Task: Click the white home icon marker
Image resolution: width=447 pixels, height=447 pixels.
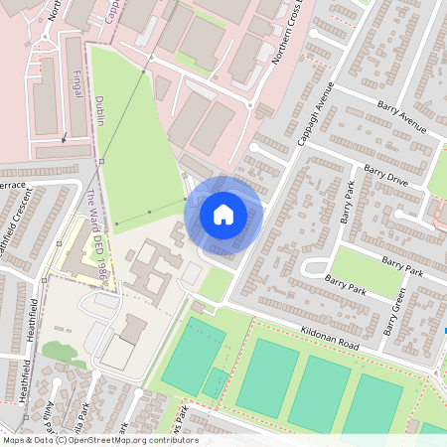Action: click(223, 215)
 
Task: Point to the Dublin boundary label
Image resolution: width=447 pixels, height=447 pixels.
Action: click(101, 113)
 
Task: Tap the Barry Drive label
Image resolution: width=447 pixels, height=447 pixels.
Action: click(385, 177)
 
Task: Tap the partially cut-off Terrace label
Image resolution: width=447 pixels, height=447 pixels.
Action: click(12, 185)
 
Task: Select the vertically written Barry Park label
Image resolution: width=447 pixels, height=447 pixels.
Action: click(347, 202)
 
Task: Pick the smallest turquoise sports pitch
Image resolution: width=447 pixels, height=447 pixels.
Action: click(214, 382)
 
